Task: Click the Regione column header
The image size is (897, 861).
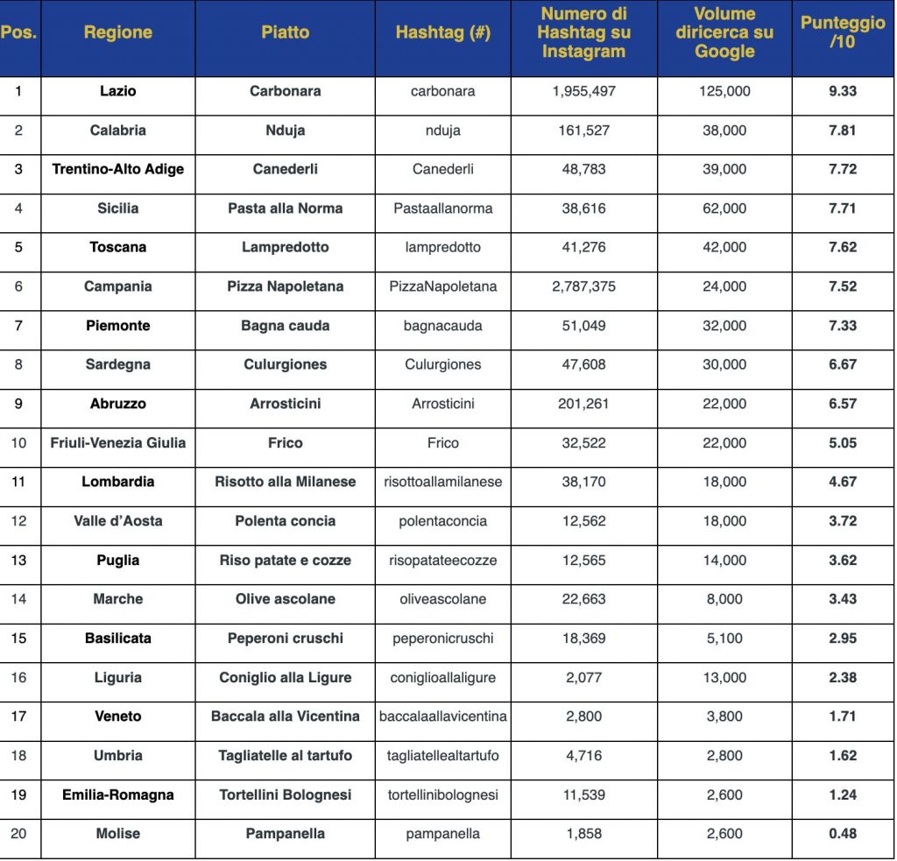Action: click(x=117, y=33)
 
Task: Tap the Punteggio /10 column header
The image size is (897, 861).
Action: click(x=842, y=33)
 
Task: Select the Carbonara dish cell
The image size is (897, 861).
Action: click(x=285, y=91)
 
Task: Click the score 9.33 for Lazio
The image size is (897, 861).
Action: click(x=842, y=91)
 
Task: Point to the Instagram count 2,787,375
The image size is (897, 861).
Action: click(x=583, y=286)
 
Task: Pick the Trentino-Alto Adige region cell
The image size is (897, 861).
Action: click(x=117, y=169)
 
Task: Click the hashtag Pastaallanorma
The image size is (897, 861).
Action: click(x=442, y=208)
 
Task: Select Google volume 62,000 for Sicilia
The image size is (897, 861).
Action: click(x=724, y=208)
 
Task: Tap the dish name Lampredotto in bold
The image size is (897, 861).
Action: click(x=285, y=247)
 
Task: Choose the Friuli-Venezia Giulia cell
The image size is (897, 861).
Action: click(x=117, y=442)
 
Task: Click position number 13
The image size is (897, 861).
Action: click(x=18, y=560)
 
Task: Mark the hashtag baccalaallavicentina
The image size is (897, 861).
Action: click(x=442, y=716)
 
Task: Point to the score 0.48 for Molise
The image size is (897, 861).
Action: click(x=842, y=834)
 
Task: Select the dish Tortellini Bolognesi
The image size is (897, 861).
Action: click(x=285, y=794)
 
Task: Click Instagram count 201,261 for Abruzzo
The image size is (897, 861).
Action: click(x=583, y=404)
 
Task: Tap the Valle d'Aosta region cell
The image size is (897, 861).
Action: click(x=117, y=521)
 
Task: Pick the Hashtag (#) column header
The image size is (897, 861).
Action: click(x=442, y=33)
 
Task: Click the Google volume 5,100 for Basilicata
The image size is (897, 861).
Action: click(x=724, y=639)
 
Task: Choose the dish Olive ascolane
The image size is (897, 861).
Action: click(x=285, y=599)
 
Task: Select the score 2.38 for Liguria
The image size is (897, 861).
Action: click(x=842, y=677)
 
